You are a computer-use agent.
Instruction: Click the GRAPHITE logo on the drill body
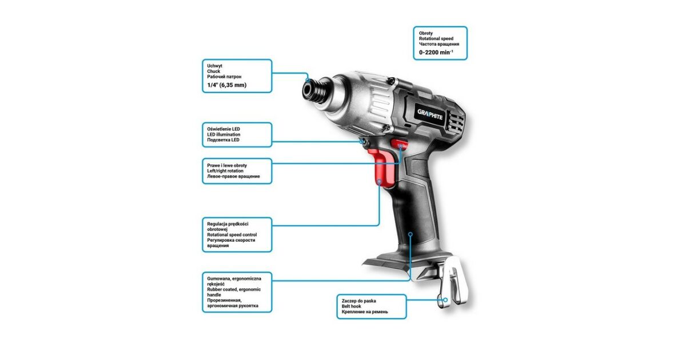click(x=430, y=114)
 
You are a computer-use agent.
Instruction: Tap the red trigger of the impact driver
click(x=383, y=168)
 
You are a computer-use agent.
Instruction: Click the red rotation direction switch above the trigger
click(x=400, y=143)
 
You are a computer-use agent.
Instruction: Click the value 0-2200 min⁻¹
click(x=436, y=53)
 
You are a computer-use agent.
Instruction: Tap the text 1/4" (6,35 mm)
click(x=226, y=85)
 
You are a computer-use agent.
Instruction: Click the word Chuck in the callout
click(x=213, y=71)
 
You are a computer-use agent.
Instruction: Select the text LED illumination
click(x=224, y=134)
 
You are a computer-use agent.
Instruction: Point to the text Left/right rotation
click(x=225, y=171)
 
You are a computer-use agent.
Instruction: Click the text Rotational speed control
click(x=232, y=235)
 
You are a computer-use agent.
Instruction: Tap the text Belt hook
click(x=351, y=306)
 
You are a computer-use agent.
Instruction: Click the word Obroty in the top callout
click(x=426, y=33)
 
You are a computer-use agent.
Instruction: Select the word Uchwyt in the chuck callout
click(x=215, y=66)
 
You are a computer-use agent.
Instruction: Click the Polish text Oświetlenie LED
click(x=224, y=129)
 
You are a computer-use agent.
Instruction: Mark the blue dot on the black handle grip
click(x=410, y=234)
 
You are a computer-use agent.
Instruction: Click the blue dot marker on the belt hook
click(x=445, y=300)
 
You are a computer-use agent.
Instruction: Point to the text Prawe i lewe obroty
click(x=227, y=165)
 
